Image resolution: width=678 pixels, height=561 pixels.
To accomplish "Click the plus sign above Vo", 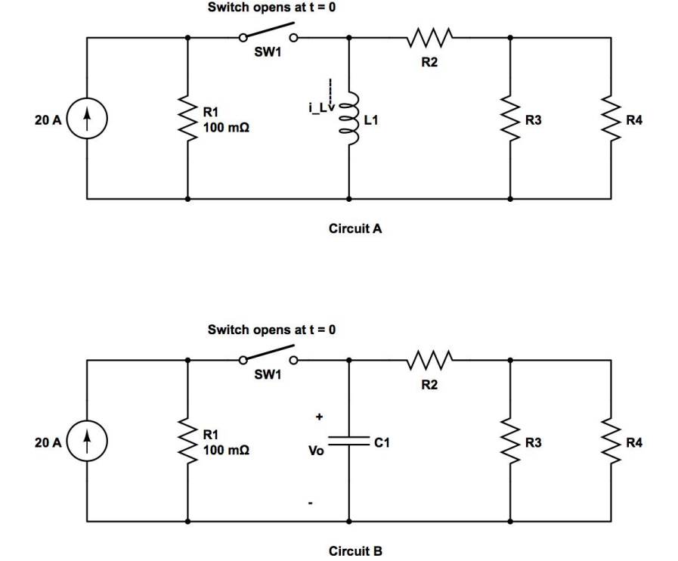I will [x=319, y=416].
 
